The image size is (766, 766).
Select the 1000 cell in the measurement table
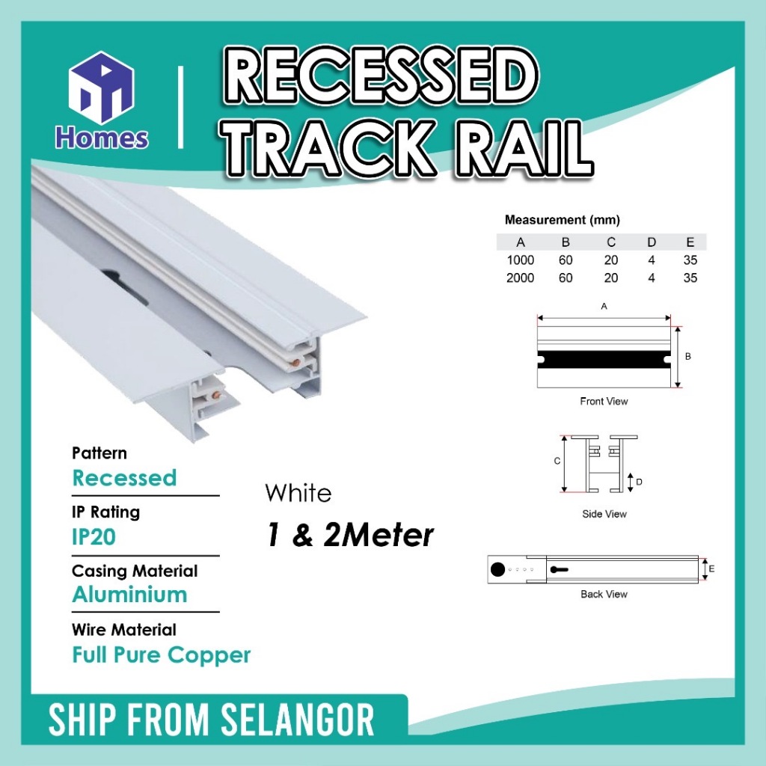[520, 260]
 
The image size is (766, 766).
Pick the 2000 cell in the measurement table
[520, 278]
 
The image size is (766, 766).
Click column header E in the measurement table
[690, 242]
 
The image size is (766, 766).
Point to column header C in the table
[611, 242]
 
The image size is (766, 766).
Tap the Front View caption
[604, 401]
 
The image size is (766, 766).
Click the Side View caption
[604, 514]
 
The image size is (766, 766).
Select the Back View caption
[604, 594]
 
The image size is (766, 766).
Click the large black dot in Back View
[497, 570]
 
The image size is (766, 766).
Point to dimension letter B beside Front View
[687, 357]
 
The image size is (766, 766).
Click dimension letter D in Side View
[639, 482]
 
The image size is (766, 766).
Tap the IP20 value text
[94, 536]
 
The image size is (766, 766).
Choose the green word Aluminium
[129, 595]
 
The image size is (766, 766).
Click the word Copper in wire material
[209, 655]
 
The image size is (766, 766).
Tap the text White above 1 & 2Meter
[298, 494]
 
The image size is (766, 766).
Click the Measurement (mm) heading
[562, 220]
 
